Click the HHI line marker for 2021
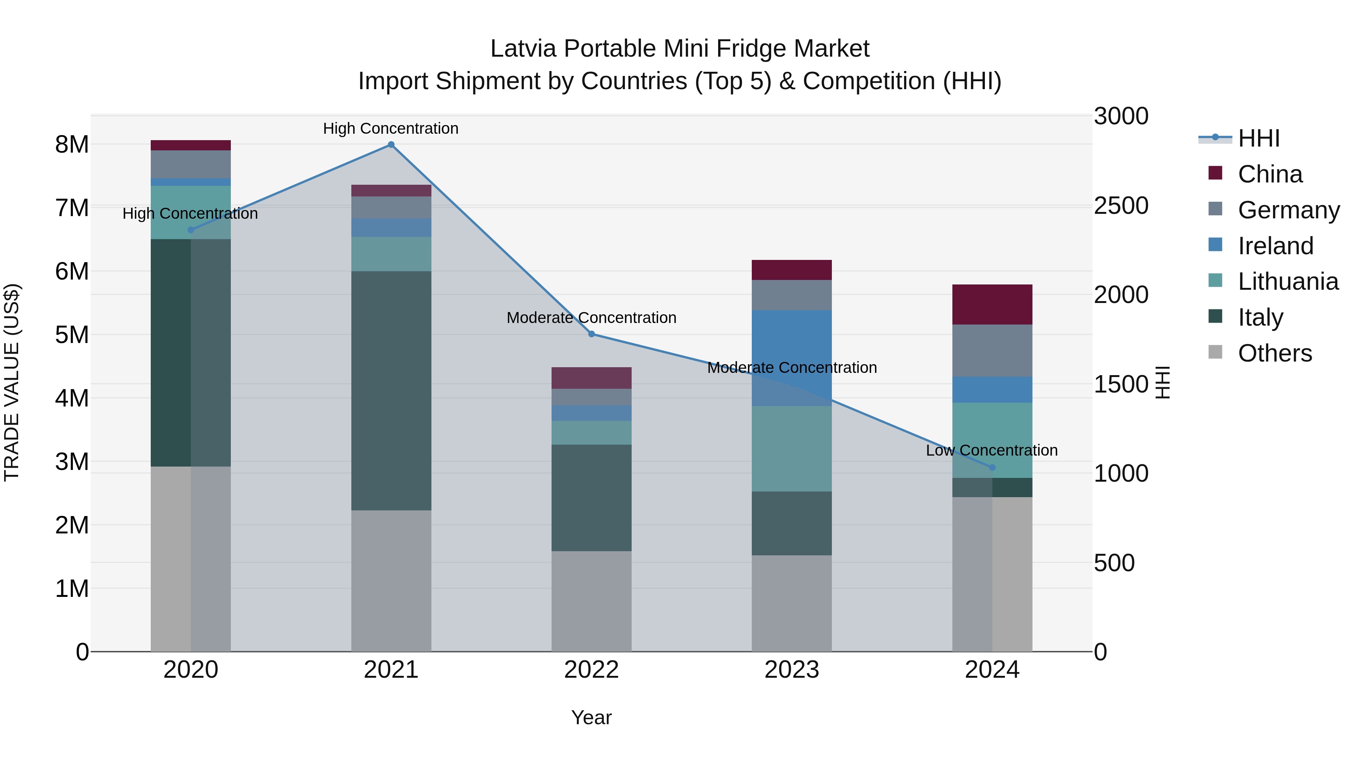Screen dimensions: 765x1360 click(391, 145)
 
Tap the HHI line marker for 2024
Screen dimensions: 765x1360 click(992, 467)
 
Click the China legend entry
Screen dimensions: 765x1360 click(1269, 174)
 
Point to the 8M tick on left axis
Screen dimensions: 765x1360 click(72, 145)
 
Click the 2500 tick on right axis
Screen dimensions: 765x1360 click(1120, 206)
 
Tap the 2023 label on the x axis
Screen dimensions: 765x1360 click(791, 670)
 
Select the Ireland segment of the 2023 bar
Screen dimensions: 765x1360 click(791, 358)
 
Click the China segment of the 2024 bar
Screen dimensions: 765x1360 click(992, 304)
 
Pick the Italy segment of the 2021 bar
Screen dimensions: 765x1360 click(391, 391)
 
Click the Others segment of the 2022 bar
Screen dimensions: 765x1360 click(591, 601)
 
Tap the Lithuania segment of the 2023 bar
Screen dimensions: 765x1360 click(791, 449)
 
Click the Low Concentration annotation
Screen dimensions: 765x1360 click(992, 450)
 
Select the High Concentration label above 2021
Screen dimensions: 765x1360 click(391, 128)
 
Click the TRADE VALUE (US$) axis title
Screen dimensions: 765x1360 click(12, 382)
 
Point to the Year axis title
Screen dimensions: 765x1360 click(591, 717)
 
